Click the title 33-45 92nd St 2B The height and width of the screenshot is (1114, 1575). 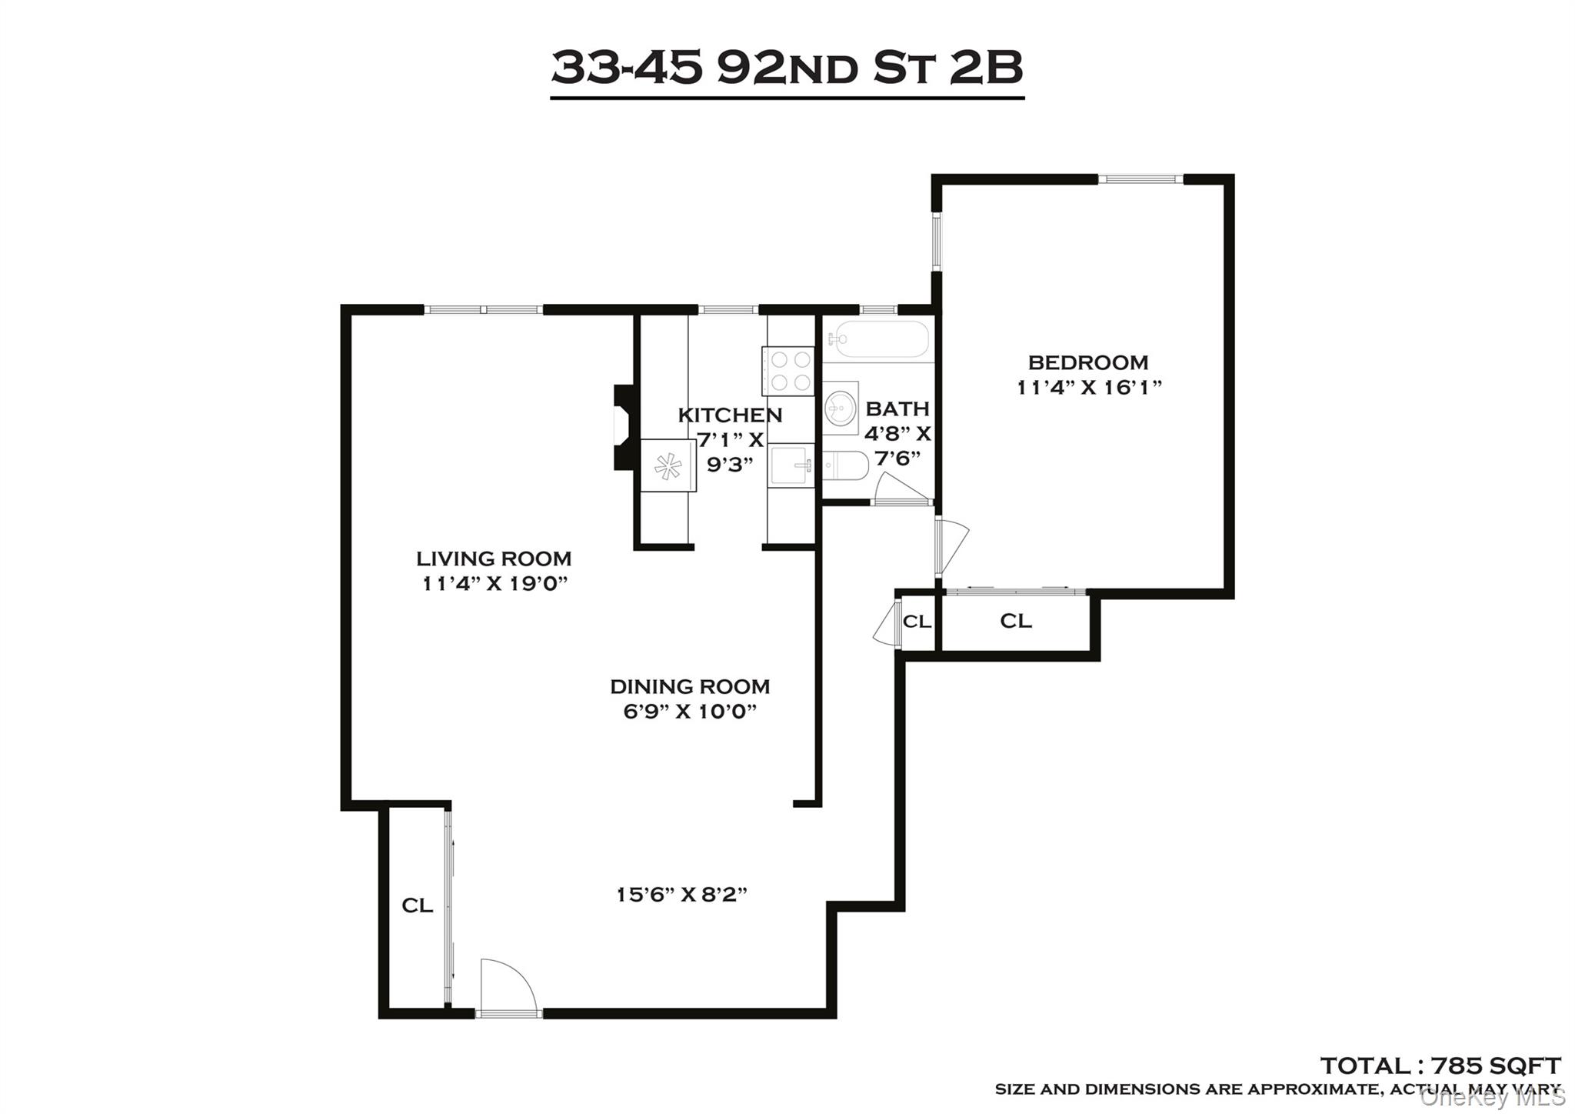point(787,68)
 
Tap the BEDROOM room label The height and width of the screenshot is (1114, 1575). point(1087,362)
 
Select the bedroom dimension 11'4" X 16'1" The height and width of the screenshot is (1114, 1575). point(1087,387)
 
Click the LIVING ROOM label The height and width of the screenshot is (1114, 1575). point(494,559)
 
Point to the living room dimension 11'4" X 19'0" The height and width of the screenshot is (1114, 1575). point(494,584)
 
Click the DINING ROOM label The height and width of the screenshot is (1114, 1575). point(690,686)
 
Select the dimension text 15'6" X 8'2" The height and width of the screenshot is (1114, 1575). point(682,895)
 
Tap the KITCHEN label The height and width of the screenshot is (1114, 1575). point(730,415)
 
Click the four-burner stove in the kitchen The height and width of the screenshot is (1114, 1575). point(787,371)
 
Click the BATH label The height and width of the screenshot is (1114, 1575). point(897,409)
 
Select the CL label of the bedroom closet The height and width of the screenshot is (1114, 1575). point(1015,621)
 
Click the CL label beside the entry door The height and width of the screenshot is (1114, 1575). point(417,906)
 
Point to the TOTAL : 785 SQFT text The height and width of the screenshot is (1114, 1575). point(1440,1066)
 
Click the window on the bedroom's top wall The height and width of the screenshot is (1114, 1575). point(1140,179)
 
